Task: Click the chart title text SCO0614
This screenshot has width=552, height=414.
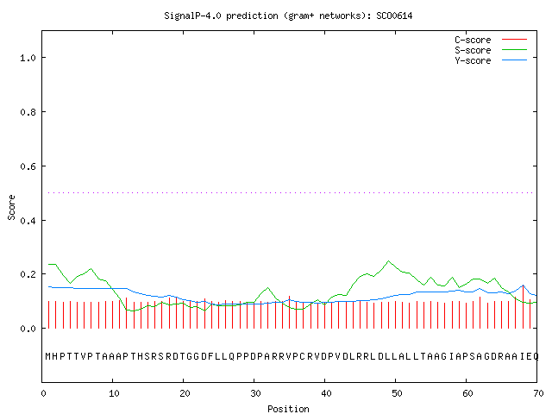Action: click(x=394, y=16)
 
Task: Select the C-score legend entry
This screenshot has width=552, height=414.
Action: click(x=491, y=40)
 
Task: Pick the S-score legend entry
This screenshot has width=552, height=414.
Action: click(x=491, y=50)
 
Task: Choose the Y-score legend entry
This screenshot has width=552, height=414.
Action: click(x=491, y=60)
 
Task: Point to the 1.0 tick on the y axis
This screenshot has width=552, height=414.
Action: click(x=28, y=58)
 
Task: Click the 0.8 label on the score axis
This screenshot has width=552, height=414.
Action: click(x=28, y=112)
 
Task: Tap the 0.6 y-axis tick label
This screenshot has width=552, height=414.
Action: click(x=28, y=166)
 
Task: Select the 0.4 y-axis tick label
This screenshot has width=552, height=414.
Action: click(x=28, y=221)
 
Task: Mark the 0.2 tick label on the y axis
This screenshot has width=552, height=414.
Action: click(x=28, y=274)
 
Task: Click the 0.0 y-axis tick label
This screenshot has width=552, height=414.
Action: click(x=28, y=329)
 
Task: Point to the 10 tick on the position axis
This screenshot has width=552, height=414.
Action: click(x=114, y=393)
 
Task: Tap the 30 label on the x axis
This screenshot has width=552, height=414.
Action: click(x=255, y=393)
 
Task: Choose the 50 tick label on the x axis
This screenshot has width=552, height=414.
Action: click(x=397, y=393)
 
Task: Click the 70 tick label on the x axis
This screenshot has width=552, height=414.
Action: click(x=538, y=393)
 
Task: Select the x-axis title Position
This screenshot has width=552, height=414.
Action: click(x=288, y=409)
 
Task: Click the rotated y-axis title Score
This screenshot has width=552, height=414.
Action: click(x=11, y=207)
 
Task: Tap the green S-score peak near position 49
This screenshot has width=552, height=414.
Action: click(x=388, y=260)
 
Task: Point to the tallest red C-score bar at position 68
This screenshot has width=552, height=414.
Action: click(x=524, y=307)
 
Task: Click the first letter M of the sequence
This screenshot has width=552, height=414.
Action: click(x=48, y=356)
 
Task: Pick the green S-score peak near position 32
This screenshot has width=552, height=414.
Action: click(x=268, y=288)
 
